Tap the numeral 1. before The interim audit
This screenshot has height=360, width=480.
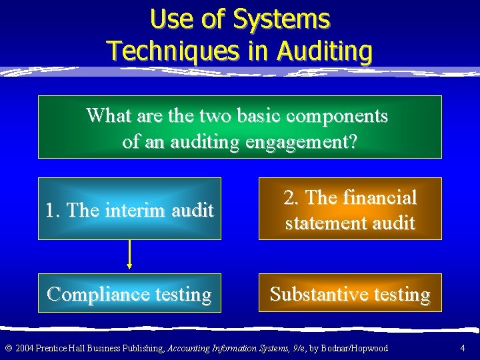pyautogui.click(x=53, y=211)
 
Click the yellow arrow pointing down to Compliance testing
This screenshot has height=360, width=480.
pyautogui.click(x=129, y=254)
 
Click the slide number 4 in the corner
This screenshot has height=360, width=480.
pyautogui.click(x=463, y=348)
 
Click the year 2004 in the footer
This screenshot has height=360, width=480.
pyautogui.click(x=23, y=348)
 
